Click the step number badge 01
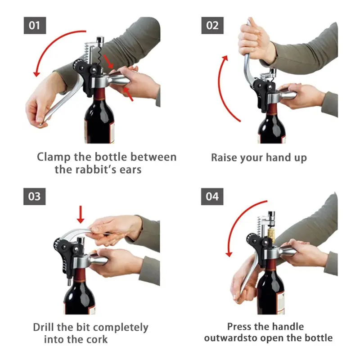point(35,25)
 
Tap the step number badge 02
point(212,25)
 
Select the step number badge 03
point(35,197)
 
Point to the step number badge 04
point(212,197)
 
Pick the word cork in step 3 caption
point(97,339)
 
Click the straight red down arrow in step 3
point(81,215)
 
